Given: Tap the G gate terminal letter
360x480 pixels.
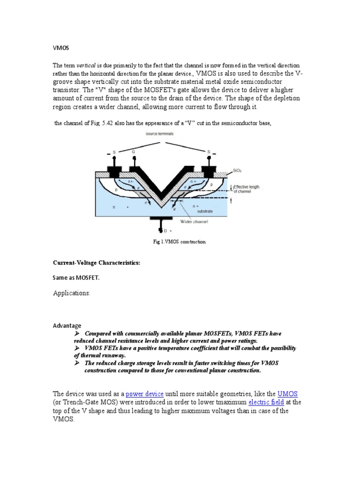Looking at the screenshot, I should click(135, 151).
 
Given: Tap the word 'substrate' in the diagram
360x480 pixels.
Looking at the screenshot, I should click(204, 211).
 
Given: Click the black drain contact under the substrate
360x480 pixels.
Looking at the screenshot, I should click(160, 219).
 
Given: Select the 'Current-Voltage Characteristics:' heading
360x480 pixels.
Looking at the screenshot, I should click(97, 263).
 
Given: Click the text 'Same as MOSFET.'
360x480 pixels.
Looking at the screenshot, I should click(76, 277).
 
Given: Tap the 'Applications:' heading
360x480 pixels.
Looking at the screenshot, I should click(72, 293).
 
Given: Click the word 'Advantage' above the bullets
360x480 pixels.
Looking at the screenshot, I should click(67, 325).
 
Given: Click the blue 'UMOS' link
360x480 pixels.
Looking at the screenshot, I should click(288, 393).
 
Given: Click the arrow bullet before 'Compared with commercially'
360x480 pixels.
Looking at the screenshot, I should click(78, 333).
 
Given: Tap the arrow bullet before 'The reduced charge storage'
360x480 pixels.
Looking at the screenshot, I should click(78, 363).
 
